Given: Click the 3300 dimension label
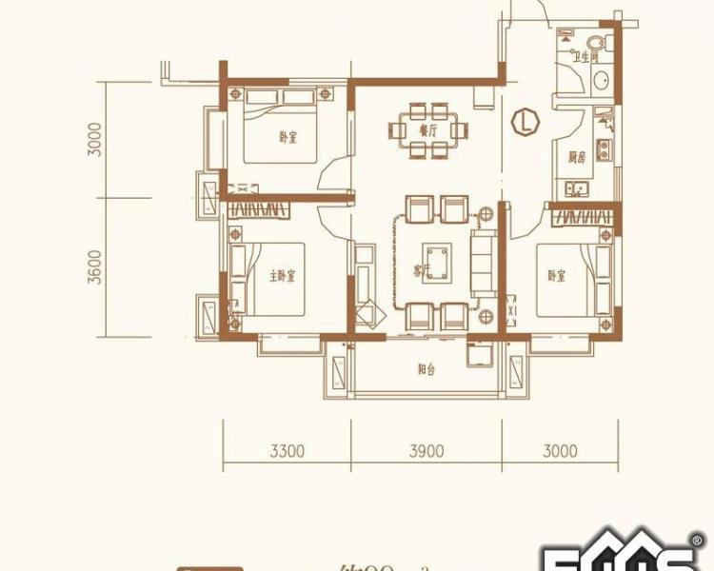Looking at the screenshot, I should [x=287, y=451].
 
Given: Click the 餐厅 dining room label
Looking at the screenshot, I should [x=427, y=129].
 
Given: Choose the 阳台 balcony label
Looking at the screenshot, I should [x=426, y=370].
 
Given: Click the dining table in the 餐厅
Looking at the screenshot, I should [x=427, y=130].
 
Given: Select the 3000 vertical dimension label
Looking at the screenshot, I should [x=92, y=140].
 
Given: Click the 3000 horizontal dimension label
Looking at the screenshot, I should [x=560, y=451].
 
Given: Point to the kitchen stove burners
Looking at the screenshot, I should [x=603, y=148].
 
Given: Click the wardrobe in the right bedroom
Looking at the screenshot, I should [x=581, y=216].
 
